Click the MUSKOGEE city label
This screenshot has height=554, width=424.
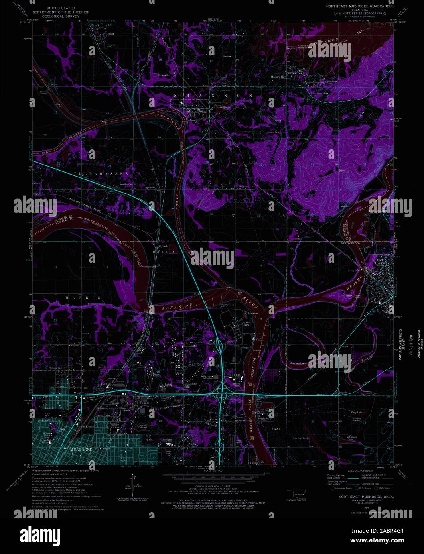(82, 450)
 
